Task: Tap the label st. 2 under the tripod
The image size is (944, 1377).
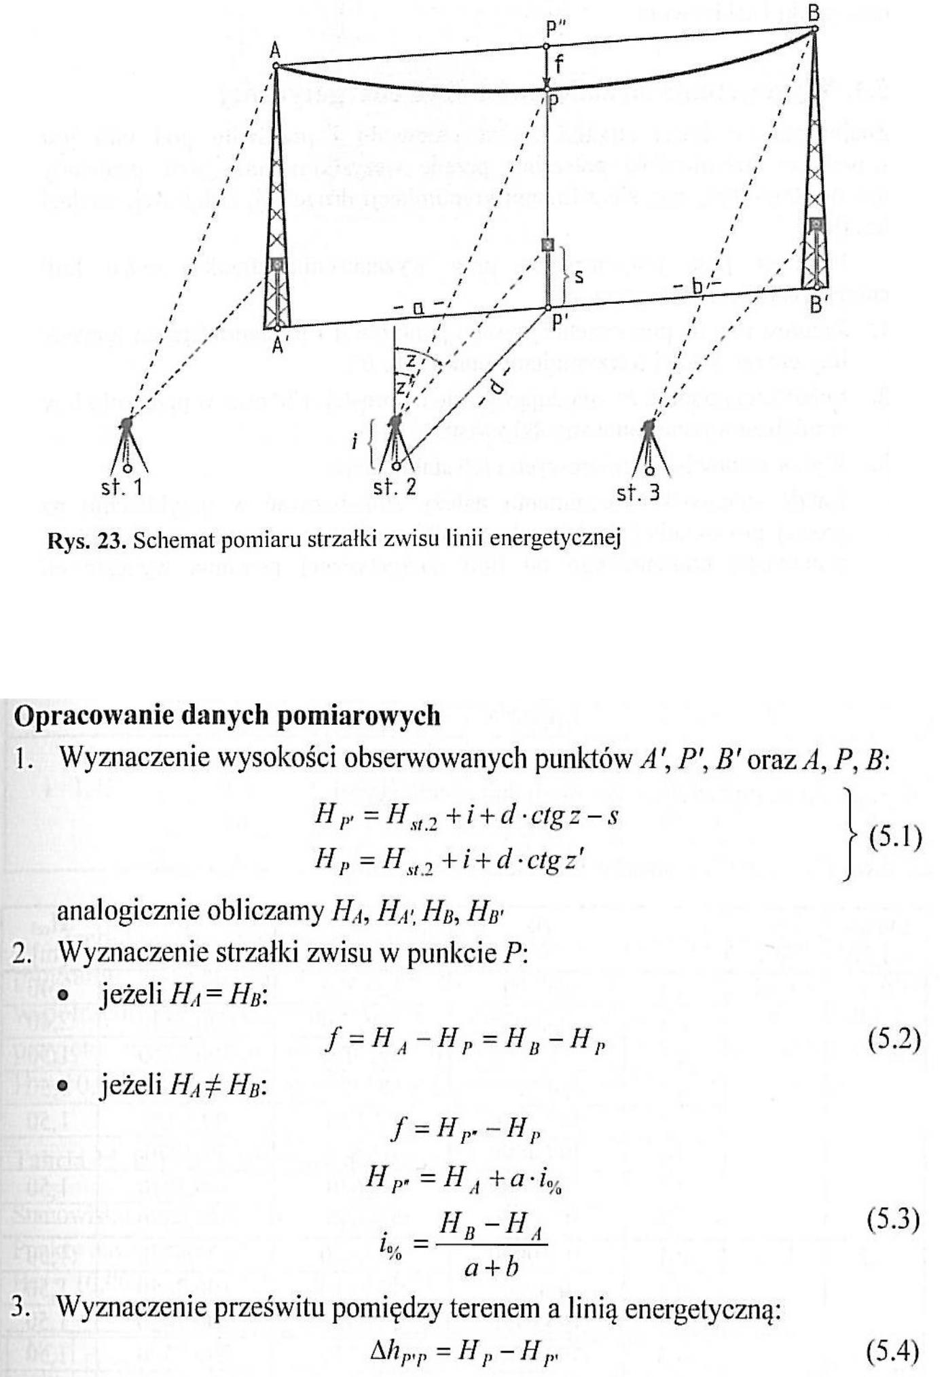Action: click(x=395, y=488)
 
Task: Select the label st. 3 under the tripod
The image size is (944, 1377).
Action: click(x=638, y=493)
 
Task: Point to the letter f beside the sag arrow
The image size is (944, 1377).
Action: click(x=558, y=65)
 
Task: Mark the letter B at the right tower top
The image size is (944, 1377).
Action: click(x=814, y=12)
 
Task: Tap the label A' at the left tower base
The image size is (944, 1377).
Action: click(x=278, y=345)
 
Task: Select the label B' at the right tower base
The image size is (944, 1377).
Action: click(x=818, y=305)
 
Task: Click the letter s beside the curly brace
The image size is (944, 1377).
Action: click(x=579, y=277)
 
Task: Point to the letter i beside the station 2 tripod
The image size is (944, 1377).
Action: click(x=355, y=442)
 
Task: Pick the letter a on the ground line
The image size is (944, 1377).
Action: click(x=418, y=308)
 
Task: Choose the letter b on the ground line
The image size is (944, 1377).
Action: click(x=696, y=287)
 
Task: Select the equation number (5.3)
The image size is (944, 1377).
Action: click(x=894, y=1219)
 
